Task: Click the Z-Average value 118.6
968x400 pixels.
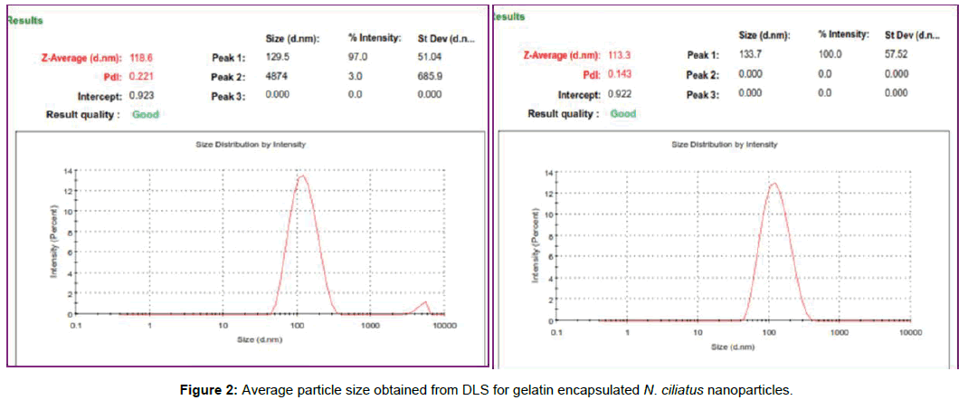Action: pyautogui.click(x=142, y=56)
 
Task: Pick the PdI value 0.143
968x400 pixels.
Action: pyautogui.click(x=619, y=74)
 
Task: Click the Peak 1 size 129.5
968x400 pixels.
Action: pyautogui.click(x=278, y=56)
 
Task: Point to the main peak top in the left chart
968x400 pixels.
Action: pyautogui.click(x=302, y=176)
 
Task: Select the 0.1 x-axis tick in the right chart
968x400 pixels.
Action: pyautogui.click(x=556, y=332)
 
